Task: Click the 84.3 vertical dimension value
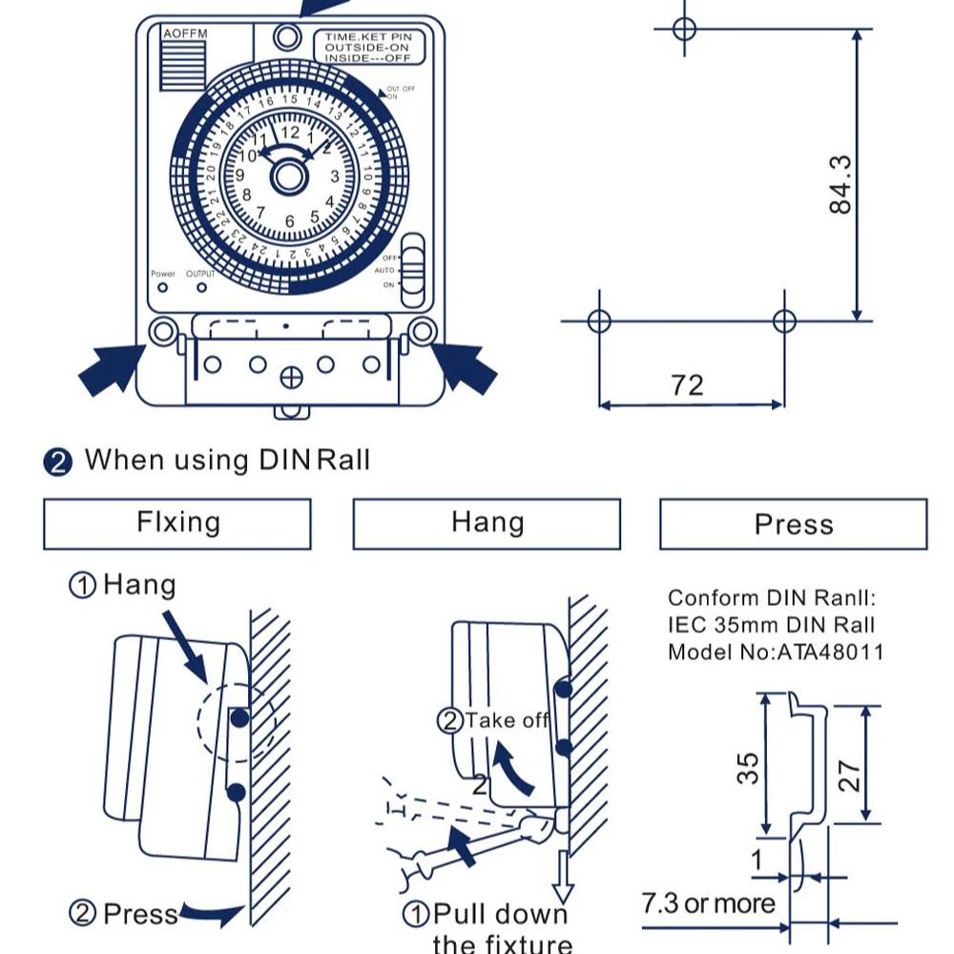[840, 185]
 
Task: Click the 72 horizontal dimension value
[687, 384]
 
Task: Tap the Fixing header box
[177, 524]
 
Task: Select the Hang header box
[487, 524]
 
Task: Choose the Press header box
[793, 525]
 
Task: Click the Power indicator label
[163, 274]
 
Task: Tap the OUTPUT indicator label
[200, 274]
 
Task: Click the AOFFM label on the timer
[184, 34]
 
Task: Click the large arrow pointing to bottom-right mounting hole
[465, 368]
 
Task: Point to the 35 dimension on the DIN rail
[750, 768]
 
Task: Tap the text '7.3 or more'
[708, 902]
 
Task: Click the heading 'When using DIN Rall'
[226, 460]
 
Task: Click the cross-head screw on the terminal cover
[291, 378]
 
